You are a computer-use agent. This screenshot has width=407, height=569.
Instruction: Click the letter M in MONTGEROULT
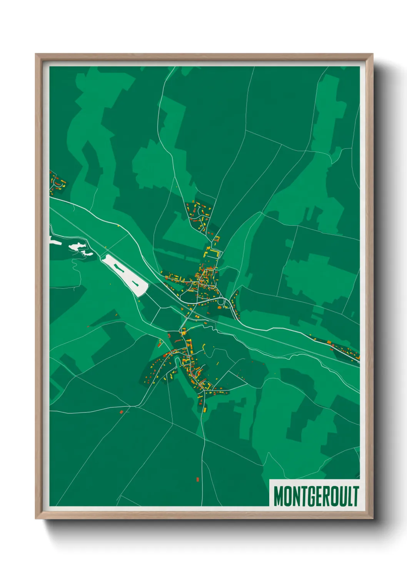tap(279, 496)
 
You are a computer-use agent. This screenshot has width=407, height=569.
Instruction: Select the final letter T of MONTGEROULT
tap(356, 496)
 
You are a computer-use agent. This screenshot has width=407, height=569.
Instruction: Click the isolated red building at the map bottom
tap(198, 479)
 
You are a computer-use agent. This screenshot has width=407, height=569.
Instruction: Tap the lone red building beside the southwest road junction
tap(122, 412)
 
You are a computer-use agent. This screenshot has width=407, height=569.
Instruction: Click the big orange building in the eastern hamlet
tap(329, 342)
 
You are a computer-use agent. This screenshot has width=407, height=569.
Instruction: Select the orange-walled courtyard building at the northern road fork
tap(216, 239)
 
